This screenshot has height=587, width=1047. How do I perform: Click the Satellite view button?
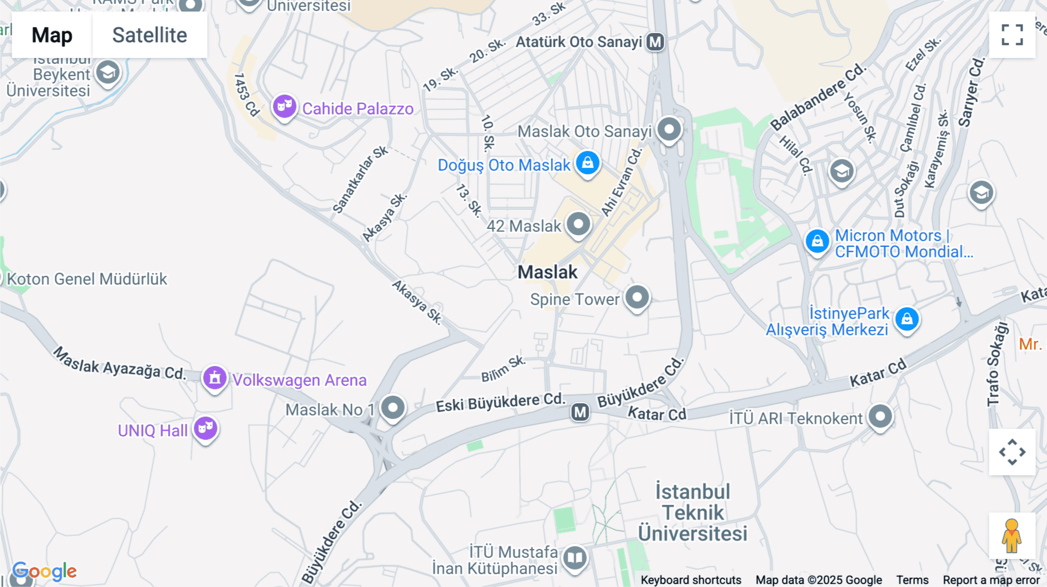pyautogui.click(x=149, y=35)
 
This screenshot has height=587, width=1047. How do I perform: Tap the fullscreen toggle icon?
pyautogui.click(x=1012, y=35)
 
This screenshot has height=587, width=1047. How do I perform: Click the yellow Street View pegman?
pyautogui.click(x=1012, y=536)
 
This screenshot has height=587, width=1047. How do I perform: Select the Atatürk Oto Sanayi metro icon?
pyautogui.click(x=656, y=42)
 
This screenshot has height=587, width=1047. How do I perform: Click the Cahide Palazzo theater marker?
pyautogui.click(x=284, y=106)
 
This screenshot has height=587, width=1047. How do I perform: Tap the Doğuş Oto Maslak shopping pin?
pyautogui.click(x=587, y=163)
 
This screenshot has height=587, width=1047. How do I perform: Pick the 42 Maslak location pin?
pyautogui.click(x=578, y=224)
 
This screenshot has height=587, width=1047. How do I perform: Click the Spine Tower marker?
pyautogui.click(x=637, y=298)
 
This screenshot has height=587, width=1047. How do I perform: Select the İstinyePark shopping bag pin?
pyautogui.click(x=907, y=318)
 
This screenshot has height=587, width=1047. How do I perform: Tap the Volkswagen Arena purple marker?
pyautogui.click(x=215, y=378)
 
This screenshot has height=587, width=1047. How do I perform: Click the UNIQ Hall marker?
pyautogui.click(x=205, y=429)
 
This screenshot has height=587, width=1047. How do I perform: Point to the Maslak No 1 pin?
pyautogui.click(x=393, y=407)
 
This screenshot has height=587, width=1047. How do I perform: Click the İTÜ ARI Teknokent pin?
pyautogui.click(x=880, y=416)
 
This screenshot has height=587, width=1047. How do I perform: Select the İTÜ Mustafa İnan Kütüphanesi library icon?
pyautogui.click(x=575, y=558)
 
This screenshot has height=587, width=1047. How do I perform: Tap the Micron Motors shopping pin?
pyautogui.click(x=817, y=241)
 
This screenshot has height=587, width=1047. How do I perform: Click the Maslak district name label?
pyautogui.click(x=547, y=272)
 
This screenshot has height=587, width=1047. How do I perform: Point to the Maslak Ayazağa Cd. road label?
pyautogui.click(x=119, y=363)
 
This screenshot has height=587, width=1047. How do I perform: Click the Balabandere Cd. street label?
pyautogui.click(x=818, y=98)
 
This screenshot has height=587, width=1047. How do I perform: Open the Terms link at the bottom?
pyautogui.click(x=912, y=580)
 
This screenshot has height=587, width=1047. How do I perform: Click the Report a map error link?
pyautogui.click(x=991, y=580)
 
